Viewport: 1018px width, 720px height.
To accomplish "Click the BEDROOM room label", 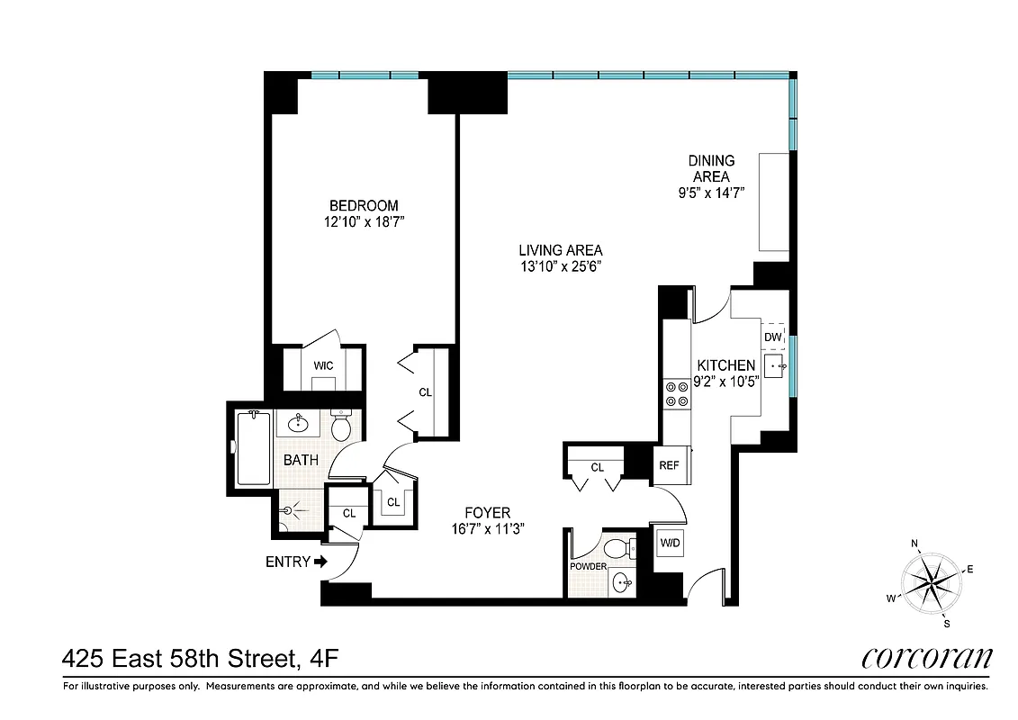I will click(363, 205).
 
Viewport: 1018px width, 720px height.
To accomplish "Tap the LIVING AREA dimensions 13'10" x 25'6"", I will click(560, 266).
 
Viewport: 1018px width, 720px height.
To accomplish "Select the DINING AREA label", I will click(711, 169).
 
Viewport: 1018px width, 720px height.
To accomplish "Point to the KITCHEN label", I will click(725, 365).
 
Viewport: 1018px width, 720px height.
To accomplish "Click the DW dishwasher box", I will click(772, 337).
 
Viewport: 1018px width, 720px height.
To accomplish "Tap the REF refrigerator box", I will click(668, 465).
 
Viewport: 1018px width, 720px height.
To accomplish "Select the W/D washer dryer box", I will click(670, 544).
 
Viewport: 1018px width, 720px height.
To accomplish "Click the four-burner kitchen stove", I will click(675, 392).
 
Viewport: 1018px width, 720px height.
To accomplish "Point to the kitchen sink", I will click(775, 366).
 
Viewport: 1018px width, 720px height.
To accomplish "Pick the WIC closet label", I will click(324, 365).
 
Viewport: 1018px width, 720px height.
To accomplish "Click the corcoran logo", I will click(925, 658).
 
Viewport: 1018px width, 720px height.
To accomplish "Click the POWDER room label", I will click(588, 566).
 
